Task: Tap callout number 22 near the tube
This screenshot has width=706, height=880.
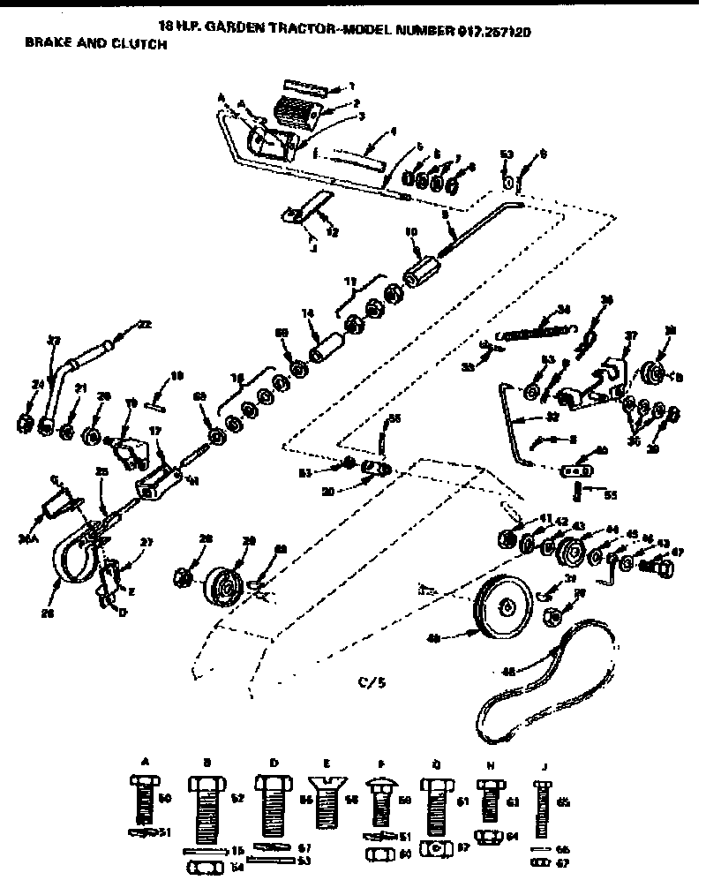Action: pyautogui.click(x=141, y=327)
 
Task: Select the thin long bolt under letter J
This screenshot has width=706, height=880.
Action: pyautogui.click(x=543, y=808)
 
